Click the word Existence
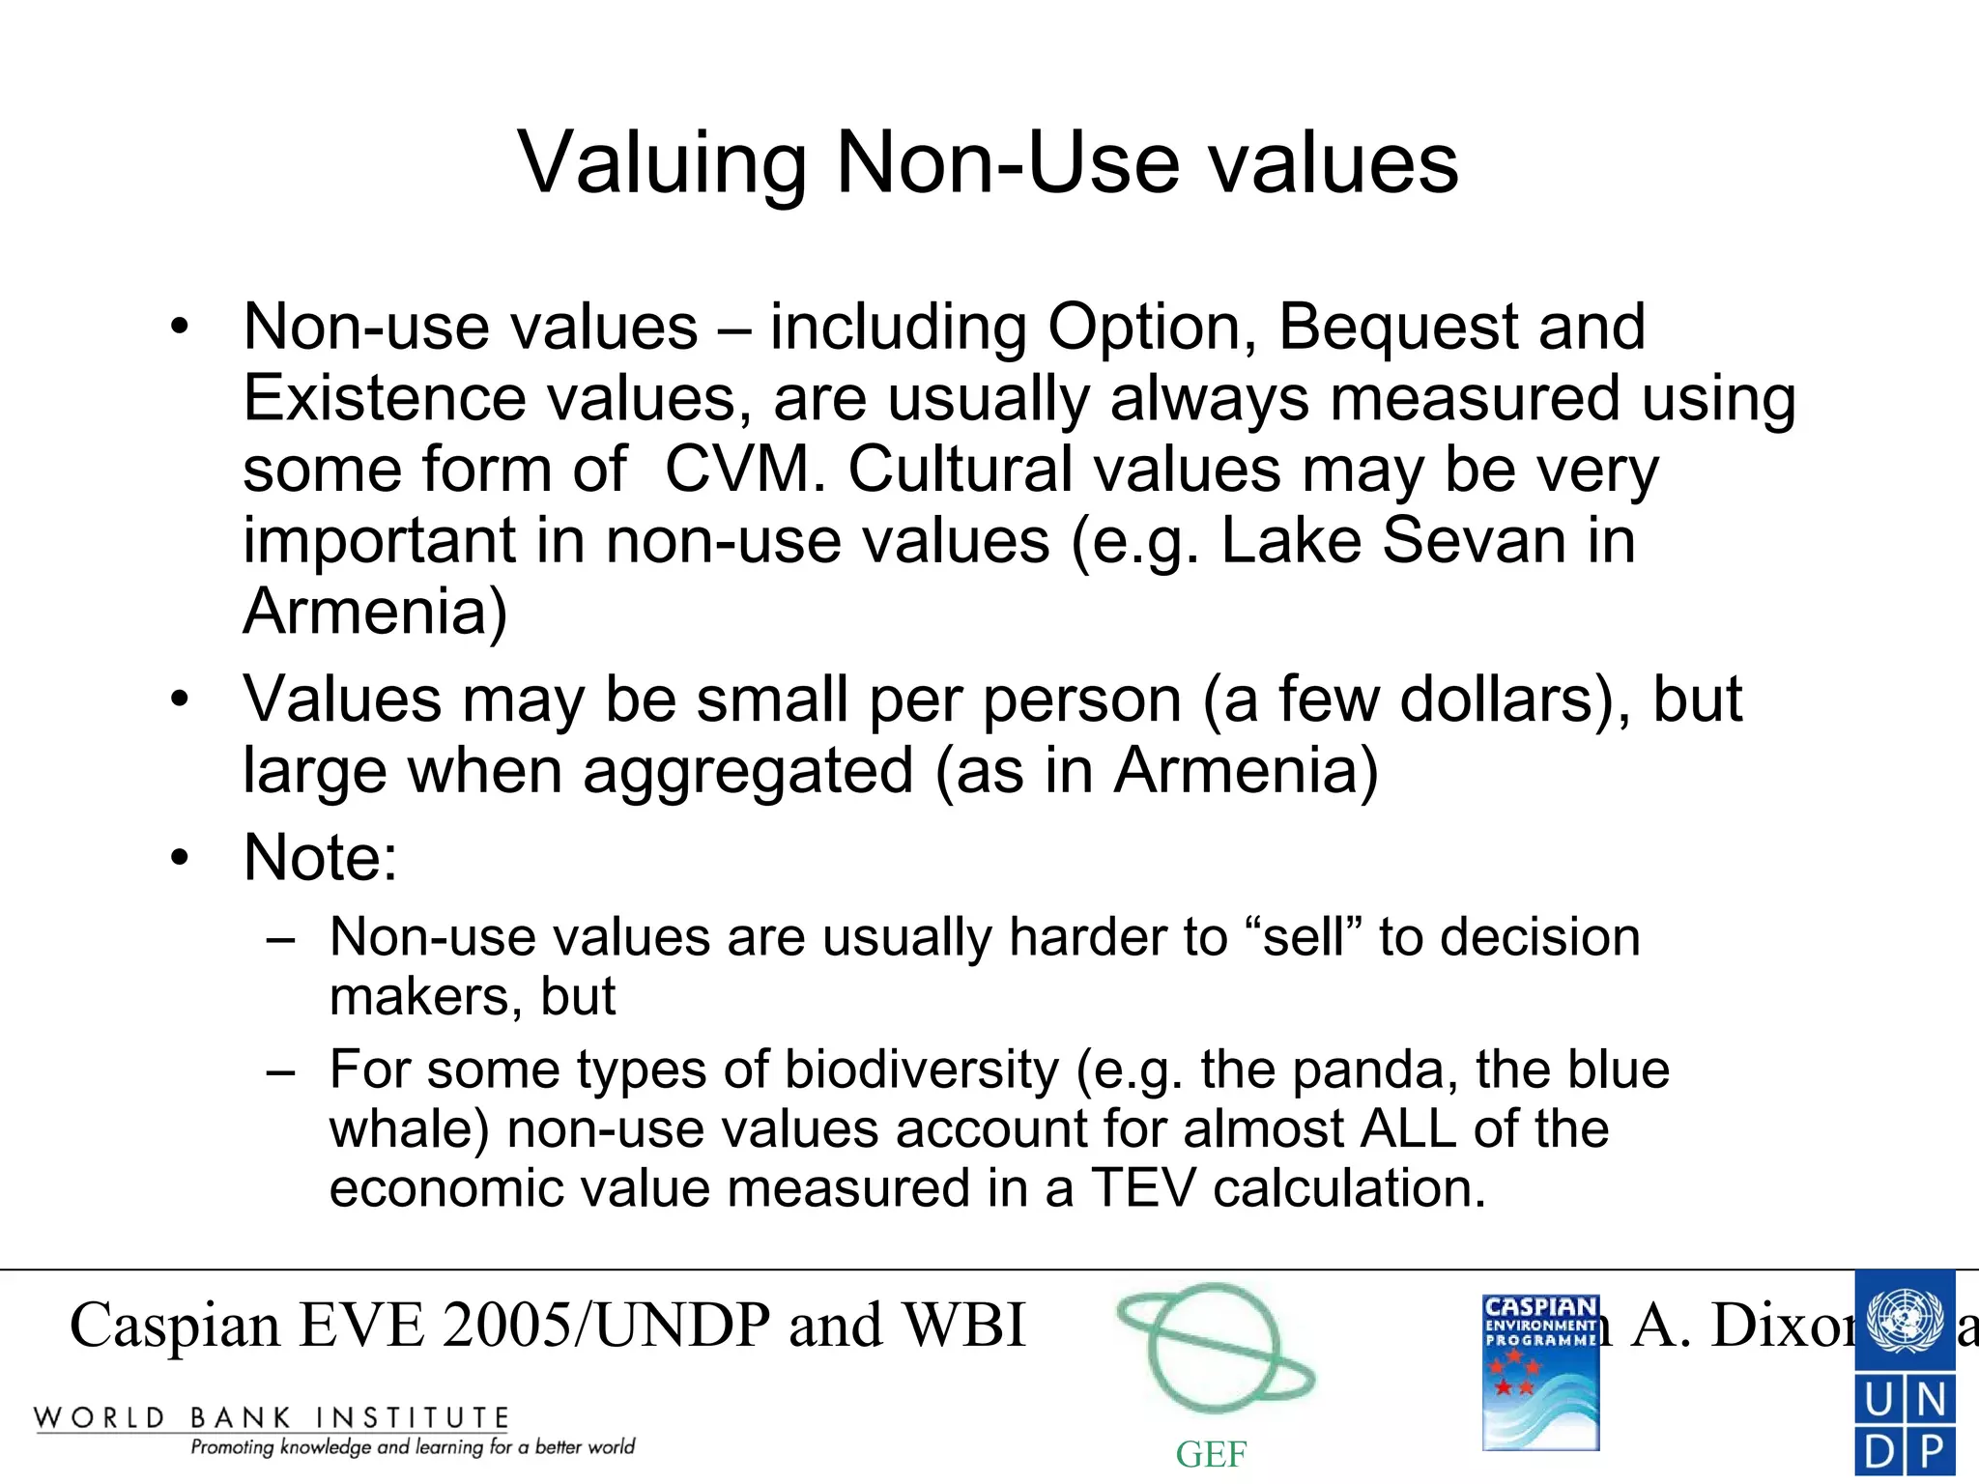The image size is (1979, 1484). pos(385,398)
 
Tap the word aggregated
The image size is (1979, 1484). pos(748,771)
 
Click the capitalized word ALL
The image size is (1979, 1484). pos(1408,1128)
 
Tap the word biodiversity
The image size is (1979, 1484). pos(922,1070)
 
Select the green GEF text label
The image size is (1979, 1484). pos(1211,1454)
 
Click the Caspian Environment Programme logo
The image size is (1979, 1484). pos(1540,1372)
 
